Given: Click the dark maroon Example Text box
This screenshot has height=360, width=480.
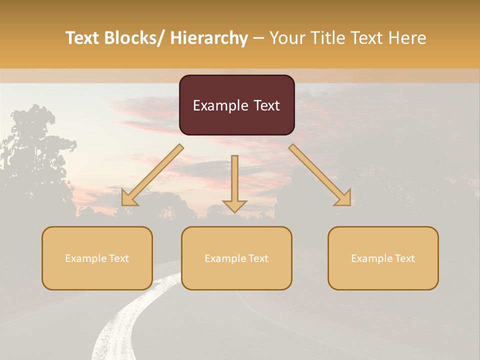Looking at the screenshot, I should [236, 105].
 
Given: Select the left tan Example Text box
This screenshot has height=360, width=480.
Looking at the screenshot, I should [97, 258].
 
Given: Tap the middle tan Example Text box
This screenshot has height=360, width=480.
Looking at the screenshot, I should [236, 258].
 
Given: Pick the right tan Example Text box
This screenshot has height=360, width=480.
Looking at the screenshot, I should [383, 258].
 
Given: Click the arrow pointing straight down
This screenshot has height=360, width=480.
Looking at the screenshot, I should [234, 182].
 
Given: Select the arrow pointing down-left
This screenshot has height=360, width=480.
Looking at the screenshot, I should [152, 175].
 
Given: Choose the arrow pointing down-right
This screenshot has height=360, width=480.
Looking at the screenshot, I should [320, 175].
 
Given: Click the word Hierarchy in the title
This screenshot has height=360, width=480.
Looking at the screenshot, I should [209, 38].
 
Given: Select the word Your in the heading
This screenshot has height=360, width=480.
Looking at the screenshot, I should [287, 38].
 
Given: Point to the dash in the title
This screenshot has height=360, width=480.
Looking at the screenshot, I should [258, 38].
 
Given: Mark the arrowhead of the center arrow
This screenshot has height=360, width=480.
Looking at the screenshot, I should [234, 205].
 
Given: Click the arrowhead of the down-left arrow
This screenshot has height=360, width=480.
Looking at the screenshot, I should [128, 199].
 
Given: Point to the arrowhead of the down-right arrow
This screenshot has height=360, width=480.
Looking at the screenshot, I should [344, 199].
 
